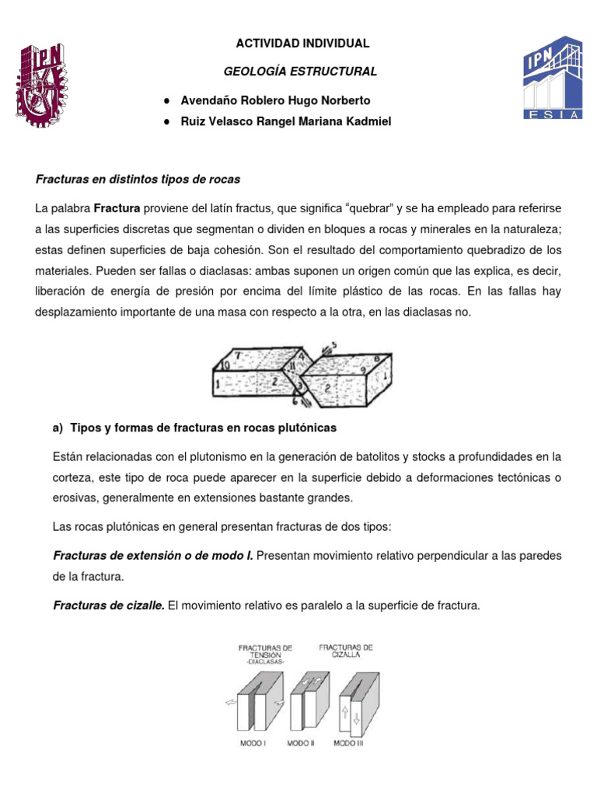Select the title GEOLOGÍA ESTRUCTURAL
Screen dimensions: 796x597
tap(300, 72)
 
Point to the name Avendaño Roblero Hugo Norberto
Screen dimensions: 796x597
tap(264, 100)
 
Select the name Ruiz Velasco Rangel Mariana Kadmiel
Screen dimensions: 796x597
tap(286, 122)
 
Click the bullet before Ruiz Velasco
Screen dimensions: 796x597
tap(167, 122)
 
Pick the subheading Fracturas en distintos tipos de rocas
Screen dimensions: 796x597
tap(138, 180)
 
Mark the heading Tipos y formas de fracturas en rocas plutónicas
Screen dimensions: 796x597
tap(203, 428)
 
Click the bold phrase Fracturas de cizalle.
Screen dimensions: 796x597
tap(108, 606)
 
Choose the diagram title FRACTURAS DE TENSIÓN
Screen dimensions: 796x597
tap(264, 651)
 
